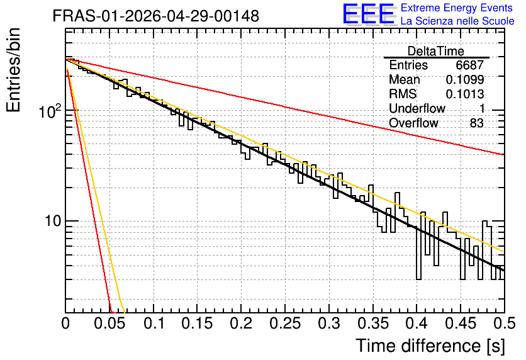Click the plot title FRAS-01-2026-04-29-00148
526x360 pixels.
pyautogui.click(x=156, y=16)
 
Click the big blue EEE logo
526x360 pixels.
pyautogui.click(x=369, y=14)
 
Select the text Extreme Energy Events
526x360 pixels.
pyautogui.click(x=457, y=8)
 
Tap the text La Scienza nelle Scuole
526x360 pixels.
pyautogui.click(x=457, y=21)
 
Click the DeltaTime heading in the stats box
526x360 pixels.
pyautogui.click(x=436, y=51)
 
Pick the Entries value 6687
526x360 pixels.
pyautogui.click(x=469, y=65)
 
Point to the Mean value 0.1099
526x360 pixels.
pyautogui.click(x=465, y=79)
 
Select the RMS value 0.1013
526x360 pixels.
pyautogui.click(x=465, y=94)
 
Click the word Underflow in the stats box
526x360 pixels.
pyautogui.click(x=417, y=108)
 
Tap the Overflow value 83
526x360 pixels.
pyautogui.click(x=477, y=123)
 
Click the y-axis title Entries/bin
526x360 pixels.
pyautogui.click(x=13, y=70)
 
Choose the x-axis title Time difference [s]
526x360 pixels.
pyautogui.click(x=430, y=346)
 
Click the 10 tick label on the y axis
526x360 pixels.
pyautogui.click(x=53, y=221)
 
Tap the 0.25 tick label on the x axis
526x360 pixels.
pyautogui.click(x=285, y=323)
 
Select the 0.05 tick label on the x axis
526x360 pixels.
pyautogui.click(x=109, y=323)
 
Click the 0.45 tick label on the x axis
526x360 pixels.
pyautogui.click(x=461, y=323)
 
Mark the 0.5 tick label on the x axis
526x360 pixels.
pyautogui.click(x=505, y=323)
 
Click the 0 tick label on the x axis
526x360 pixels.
pyautogui.click(x=65, y=323)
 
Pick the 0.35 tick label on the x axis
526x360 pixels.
pyautogui.click(x=373, y=323)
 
